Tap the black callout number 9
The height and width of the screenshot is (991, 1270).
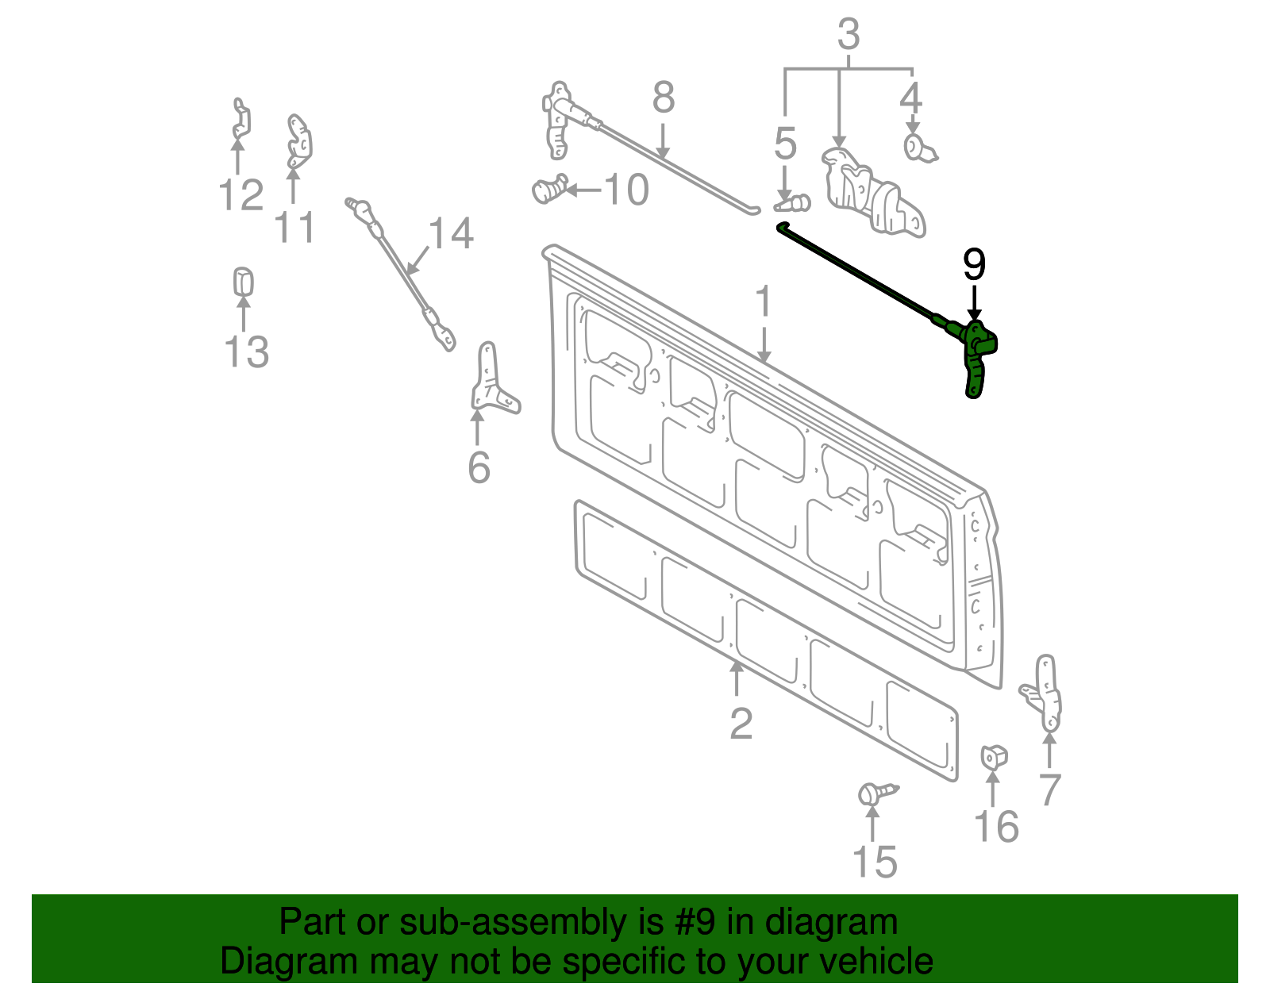tap(974, 265)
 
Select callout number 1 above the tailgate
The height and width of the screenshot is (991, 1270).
tap(763, 302)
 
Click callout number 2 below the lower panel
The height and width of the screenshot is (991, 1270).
tap(740, 724)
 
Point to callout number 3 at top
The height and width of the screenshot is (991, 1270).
tap(849, 34)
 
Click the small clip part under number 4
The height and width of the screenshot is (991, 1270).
tap(918, 148)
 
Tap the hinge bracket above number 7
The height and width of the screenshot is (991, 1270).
tap(1046, 692)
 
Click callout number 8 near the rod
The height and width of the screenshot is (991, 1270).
tap(663, 98)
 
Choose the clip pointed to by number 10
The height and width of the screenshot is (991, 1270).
tap(548, 190)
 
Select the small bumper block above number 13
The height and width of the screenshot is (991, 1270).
tap(243, 282)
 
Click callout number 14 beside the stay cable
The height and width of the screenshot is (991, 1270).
tap(451, 233)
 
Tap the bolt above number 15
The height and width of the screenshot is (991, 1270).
tap(875, 793)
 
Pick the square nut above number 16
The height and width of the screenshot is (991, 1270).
tap(993, 757)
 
